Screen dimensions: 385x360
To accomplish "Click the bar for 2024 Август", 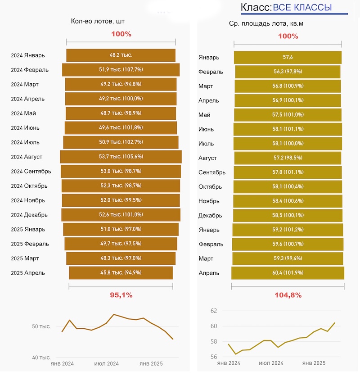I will click(x=121, y=157).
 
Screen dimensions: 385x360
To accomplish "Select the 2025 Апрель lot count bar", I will click(x=121, y=273).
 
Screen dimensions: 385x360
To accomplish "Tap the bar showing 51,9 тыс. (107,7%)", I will click(x=121, y=70).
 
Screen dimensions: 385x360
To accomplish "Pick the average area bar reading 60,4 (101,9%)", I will click(x=288, y=273).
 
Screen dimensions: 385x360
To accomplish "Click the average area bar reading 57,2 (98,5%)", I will click(x=288, y=158).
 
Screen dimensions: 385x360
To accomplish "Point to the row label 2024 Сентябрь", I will click(x=31, y=172).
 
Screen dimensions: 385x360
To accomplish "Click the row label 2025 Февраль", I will click(x=30, y=244).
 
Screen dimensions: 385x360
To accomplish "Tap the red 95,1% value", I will click(x=121, y=295).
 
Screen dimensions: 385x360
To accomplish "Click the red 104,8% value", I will click(x=288, y=295).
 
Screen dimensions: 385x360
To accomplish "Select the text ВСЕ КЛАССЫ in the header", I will click(x=302, y=8).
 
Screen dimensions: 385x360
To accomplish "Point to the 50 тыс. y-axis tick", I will click(x=42, y=326).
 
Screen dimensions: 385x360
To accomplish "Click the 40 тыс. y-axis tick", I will click(x=42, y=358).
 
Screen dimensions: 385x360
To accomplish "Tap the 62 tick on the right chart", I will click(x=214, y=311).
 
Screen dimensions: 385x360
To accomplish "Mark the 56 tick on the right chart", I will click(x=214, y=357).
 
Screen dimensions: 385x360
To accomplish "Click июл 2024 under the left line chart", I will click(x=107, y=363).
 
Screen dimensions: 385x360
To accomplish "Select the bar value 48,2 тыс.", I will click(x=121, y=55).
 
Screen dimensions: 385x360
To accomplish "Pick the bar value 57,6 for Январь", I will click(x=288, y=57).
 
